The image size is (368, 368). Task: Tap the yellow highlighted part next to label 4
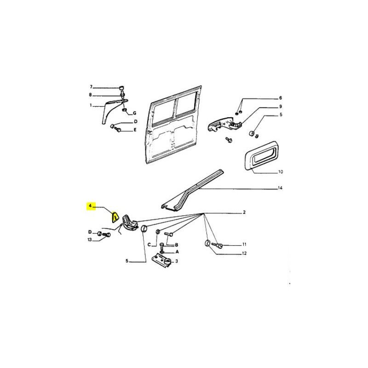pyautogui.click(x=115, y=217)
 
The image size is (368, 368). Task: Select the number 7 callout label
pyautogui.click(x=91, y=87)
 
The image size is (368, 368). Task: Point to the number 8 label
pyautogui.click(x=90, y=95)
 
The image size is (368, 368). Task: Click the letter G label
pyautogui.click(x=134, y=113)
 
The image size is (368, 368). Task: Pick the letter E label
pyautogui.click(x=135, y=130)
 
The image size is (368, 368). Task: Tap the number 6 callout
pyautogui.click(x=280, y=98)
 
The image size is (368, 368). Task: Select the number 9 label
pyautogui.click(x=281, y=107)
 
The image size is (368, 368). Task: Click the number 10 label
pyautogui.click(x=281, y=172)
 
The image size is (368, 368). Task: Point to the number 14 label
pyautogui.click(x=280, y=188)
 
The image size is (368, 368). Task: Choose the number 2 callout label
pyautogui.click(x=244, y=212)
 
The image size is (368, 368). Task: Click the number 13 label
pyautogui.click(x=90, y=240)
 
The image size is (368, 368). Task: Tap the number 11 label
pyautogui.click(x=244, y=244)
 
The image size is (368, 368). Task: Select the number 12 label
pyautogui.click(x=244, y=253)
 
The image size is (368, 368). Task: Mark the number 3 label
pyautogui.click(x=177, y=261)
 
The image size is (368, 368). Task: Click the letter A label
pyautogui.click(x=177, y=252)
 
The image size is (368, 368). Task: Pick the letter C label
pyautogui.click(x=149, y=245)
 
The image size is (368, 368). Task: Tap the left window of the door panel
pyautogui.click(x=163, y=111)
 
